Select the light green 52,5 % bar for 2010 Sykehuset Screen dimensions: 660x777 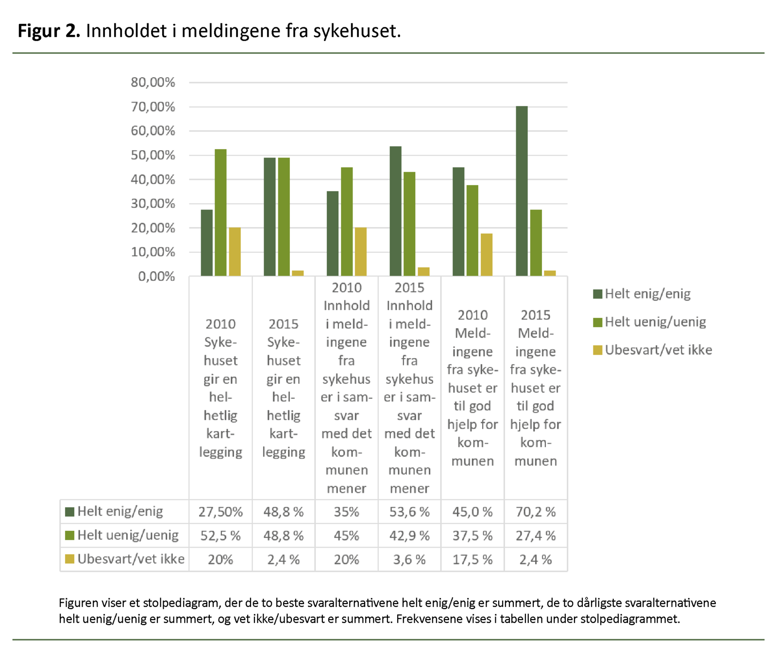point(220,213)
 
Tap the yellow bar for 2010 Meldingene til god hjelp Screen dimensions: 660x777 point(487,255)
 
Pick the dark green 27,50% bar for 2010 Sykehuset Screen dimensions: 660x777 point(206,243)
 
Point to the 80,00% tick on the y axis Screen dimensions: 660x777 point(152,83)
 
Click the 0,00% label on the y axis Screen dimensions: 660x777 point(156,277)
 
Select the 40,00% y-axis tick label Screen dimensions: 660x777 point(152,180)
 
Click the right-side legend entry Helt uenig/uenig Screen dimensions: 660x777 point(655,322)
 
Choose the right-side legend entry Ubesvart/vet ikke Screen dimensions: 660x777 point(658,350)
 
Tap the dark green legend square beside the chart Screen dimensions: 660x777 point(597,294)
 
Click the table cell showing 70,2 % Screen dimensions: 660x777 point(536,512)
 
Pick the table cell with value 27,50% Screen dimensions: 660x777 point(220,512)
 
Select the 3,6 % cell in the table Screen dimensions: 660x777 point(409,559)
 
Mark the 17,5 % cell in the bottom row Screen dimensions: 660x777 point(473,559)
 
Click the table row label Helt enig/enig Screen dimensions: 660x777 point(120,511)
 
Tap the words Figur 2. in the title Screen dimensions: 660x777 point(49,31)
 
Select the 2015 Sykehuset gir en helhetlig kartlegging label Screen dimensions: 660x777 point(284,388)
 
